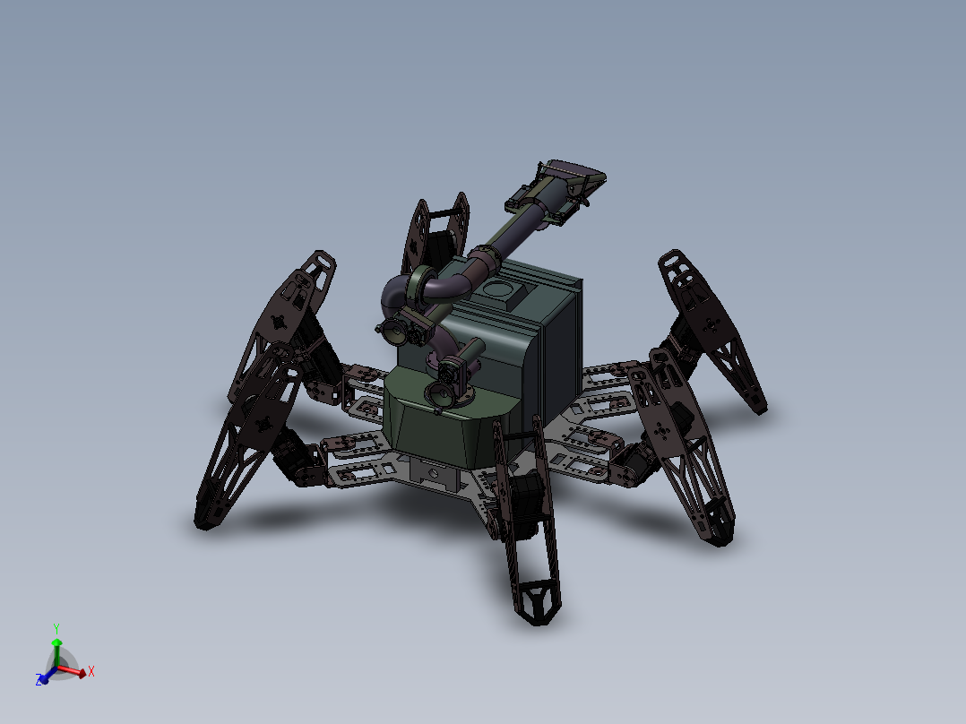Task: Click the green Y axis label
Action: pos(56,628)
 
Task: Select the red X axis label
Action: pos(91,670)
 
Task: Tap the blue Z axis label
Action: pos(39,681)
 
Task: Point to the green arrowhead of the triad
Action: pos(56,642)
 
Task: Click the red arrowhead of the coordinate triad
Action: pos(82,671)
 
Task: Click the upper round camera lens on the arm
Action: pos(395,332)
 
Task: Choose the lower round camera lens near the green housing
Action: pos(439,392)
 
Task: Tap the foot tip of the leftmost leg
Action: pos(206,517)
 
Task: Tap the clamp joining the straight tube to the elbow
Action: pos(481,262)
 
